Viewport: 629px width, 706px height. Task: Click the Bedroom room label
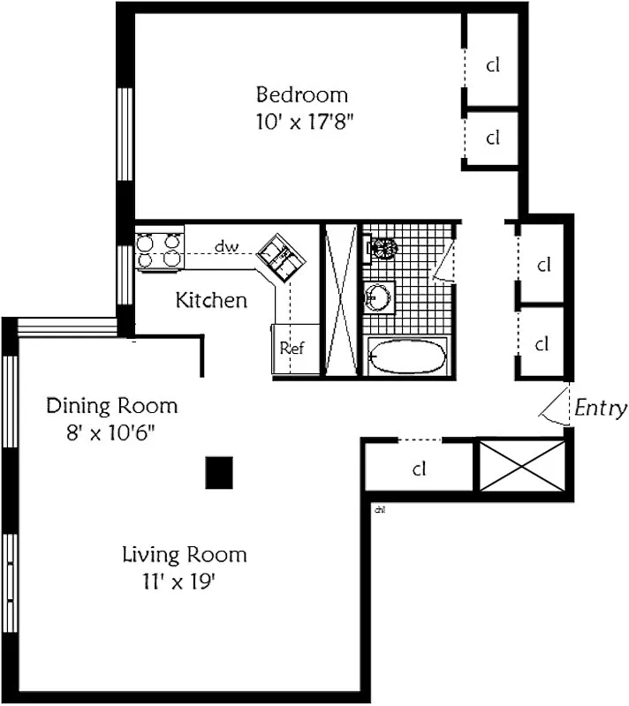click(x=302, y=94)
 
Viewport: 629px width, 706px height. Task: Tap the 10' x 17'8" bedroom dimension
click(x=305, y=122)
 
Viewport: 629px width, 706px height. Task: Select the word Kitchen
click(x=211, y=300)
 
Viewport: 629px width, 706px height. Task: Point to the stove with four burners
click(x=160, y=251)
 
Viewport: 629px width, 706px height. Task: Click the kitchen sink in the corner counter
click(x=281, y=258)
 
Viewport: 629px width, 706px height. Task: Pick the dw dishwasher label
click(x=226, y=247)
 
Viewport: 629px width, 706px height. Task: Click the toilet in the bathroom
click(x=381, y=248)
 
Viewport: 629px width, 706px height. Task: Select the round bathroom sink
click(x=378, y=297)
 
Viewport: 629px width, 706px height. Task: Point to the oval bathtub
click(x=407, y=357)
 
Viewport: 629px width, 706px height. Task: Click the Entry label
click(x=601, y=409)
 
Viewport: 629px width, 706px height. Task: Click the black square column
click(x=219, y=473)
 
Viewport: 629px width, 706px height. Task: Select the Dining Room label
click(x=111, y=406)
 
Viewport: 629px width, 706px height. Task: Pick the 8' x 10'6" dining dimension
click(x=110, y=433)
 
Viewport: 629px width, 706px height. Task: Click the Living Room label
click(x=185, y=555)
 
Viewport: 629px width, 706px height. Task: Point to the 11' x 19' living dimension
click(x=178, y=582)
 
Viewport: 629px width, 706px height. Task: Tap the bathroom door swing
click(x=443, y=262)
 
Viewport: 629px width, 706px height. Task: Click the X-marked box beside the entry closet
click(x=522, y=466)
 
